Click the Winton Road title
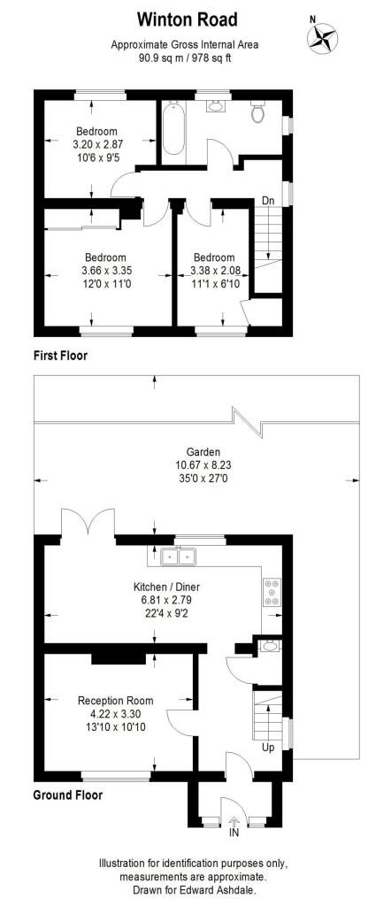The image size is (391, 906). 187,19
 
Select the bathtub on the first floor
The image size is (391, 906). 172,128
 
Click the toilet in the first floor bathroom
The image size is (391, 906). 257,111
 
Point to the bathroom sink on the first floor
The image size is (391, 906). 215,106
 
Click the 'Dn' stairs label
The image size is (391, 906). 268,201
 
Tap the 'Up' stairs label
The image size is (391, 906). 268,747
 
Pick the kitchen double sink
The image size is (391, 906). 179,557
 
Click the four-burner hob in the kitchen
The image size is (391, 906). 272,592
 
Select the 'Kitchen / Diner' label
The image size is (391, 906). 167,587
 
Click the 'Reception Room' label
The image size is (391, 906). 116,701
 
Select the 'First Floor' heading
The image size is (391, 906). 60,356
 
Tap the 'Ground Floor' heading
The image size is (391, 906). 68,795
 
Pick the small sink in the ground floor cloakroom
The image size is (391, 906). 269,647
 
